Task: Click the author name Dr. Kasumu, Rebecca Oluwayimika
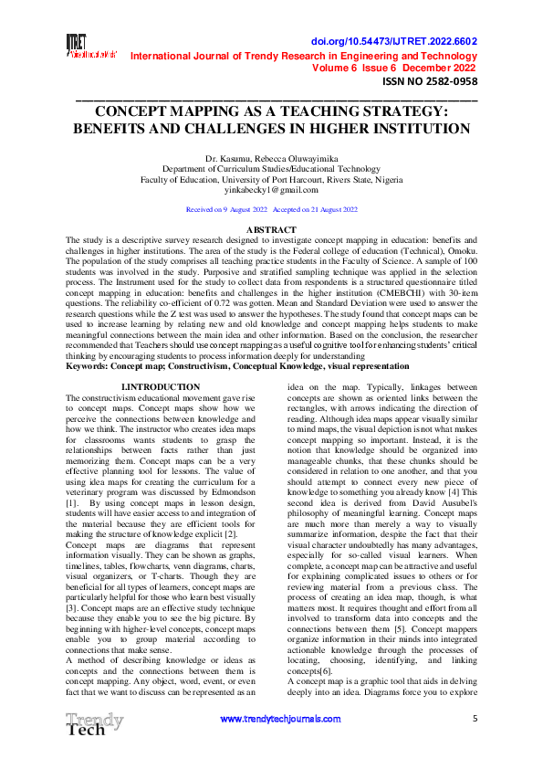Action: (x=271, y=159)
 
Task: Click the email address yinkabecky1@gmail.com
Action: (x=271, y=190)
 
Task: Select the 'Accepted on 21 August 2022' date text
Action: (x=315, y=209)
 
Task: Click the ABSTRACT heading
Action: (x=271, y=229)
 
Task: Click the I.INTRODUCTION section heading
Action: (x=161, y=388)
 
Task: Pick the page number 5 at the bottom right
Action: (x=475, y=720)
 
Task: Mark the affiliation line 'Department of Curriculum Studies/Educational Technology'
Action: (x=271, y=170)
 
